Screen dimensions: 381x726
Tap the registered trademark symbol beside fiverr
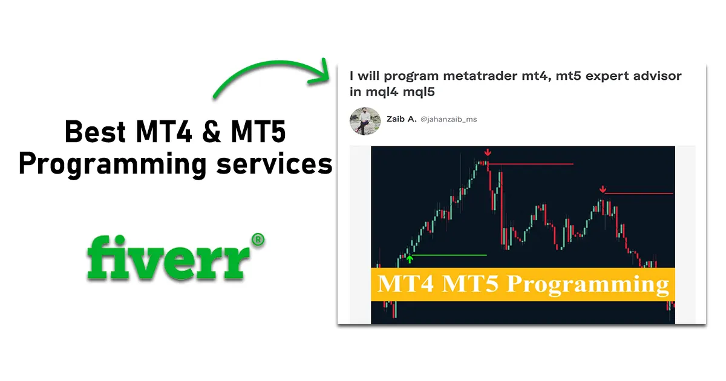[258, 239]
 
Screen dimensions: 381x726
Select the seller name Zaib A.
[402, 119]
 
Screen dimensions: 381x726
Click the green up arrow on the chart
[410, 259]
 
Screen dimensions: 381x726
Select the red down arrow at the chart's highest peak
[487, 152]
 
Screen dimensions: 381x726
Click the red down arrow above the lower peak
[603, 189]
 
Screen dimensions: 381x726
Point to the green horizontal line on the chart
[451, 255]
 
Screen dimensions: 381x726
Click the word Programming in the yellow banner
[589, 283]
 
